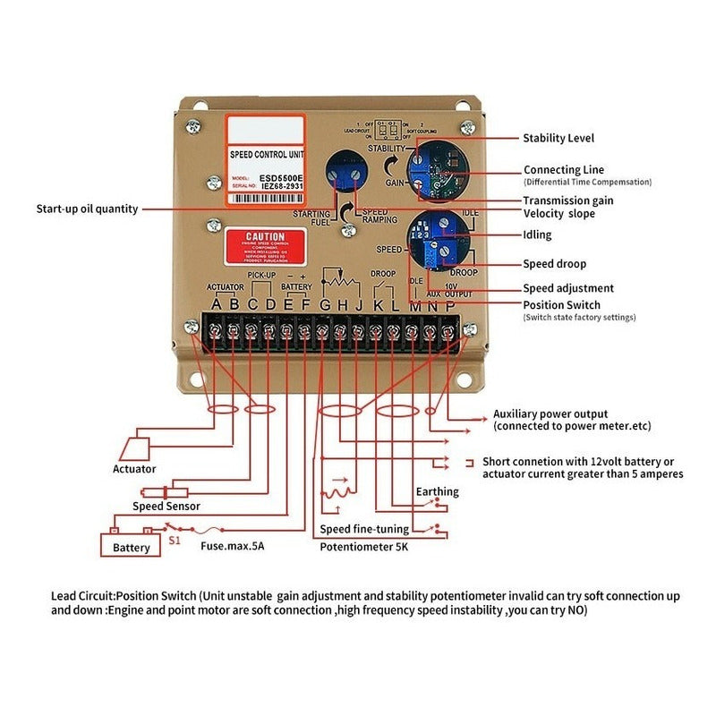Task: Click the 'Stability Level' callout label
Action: pos(558,139)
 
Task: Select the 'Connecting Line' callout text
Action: pos(563,169)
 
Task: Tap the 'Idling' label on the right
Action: pos(537,235)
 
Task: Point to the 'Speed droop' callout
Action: pos(554,264)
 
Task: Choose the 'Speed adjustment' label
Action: pos(568,288)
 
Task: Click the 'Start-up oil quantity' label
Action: pos(87,209)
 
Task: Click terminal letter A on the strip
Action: pos(215,304)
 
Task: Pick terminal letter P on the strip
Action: pos(449,305)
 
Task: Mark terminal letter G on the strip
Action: pos(324,305)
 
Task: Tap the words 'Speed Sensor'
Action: pos(166,507)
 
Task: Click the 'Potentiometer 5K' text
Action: pos(364,546)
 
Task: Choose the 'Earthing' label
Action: pos(438,491)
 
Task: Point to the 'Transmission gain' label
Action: pos(568,200)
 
